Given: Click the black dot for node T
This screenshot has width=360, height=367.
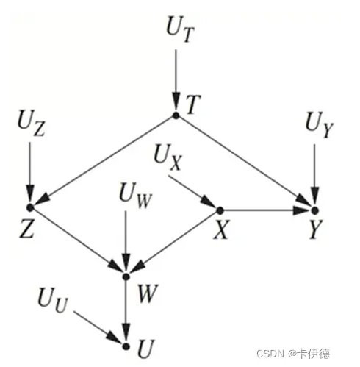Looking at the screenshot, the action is pos(176,115).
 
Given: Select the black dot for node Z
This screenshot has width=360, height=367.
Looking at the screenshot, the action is pos(30,207).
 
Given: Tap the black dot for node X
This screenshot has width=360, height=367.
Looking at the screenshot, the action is pos(220,210).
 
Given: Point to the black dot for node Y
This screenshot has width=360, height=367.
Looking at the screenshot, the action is pos(314,210).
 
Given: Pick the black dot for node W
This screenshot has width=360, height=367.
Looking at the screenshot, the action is pos(126,277).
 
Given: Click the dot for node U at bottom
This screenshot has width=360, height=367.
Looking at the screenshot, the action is pos(126,346).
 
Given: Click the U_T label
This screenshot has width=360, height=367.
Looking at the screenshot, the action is pos(181,29).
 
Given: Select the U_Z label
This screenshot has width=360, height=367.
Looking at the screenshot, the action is pos(32,124).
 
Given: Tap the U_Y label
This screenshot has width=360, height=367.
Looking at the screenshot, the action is pos(320,125).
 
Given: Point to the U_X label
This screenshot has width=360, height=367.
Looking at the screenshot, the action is pos(168,157).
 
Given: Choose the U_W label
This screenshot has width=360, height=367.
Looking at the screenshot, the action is pos(135,196).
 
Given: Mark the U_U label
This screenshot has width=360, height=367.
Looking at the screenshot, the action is pos(53,300).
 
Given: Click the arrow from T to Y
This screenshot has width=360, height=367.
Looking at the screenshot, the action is pos(245,162).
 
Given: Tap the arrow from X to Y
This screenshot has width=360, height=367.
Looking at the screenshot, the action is pos(265,210).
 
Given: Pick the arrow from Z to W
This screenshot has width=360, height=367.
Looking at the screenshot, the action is pos(77,240).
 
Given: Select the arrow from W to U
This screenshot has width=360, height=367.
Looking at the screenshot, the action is pos(126,310).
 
